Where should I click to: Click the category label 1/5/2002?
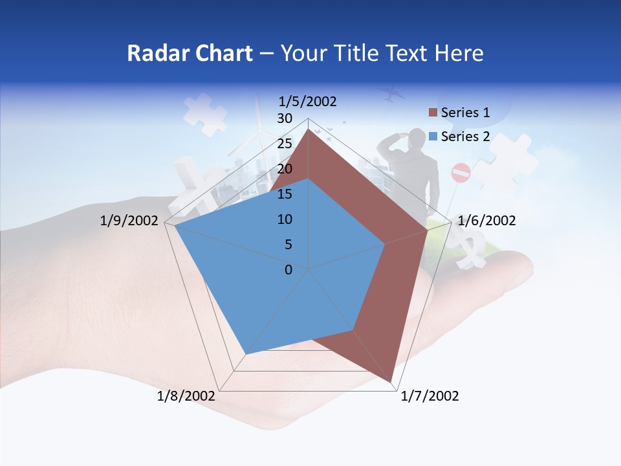308,101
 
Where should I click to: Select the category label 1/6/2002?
486,221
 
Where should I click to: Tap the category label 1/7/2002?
430,396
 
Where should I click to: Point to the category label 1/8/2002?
186,396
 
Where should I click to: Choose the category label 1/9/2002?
129,221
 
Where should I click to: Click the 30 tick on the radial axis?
285,118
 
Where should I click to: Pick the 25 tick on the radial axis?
285,144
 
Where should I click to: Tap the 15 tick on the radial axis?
285,194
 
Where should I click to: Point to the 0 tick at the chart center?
289,270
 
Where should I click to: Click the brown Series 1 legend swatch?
433,113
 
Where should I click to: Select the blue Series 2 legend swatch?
433,137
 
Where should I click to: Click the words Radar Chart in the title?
190,53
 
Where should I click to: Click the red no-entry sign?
461,173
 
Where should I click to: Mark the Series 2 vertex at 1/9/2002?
175,226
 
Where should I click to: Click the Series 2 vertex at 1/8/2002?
245,354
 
